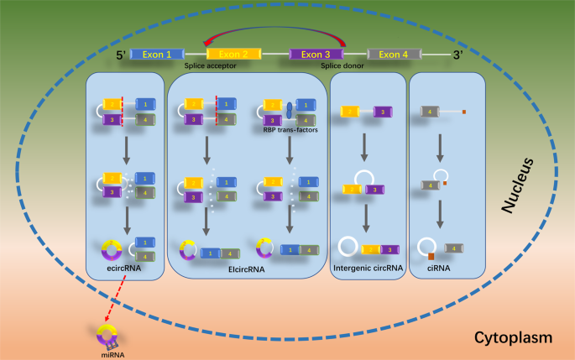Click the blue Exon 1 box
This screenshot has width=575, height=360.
pos(157,55)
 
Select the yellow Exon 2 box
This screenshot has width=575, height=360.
pos(233,55)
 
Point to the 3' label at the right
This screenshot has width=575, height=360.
pos(458,55)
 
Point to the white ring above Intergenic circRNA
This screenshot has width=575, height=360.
pos(348,248)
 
